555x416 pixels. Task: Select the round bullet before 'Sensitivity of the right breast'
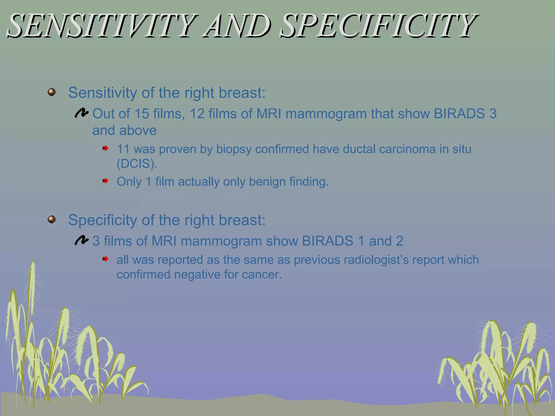click(x=51, y=92)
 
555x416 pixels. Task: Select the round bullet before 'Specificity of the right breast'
click(x=51, y=219)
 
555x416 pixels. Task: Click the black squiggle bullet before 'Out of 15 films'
click(x=82, y=113)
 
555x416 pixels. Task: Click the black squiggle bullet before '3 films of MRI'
click(x=82, y=240)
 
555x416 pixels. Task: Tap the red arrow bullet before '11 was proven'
click(x=105, y=148)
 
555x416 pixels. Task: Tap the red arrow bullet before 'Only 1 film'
click(x=105, y=181)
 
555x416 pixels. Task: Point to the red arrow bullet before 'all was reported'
click(x=105, y=259)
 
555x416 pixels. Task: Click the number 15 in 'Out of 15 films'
click(x=142, y=113)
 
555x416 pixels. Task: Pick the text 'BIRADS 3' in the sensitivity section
click(x=465, y=113)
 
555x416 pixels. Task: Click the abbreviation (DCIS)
click(x=137, y=164)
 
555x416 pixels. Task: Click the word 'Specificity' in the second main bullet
click(x=103, y=220)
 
